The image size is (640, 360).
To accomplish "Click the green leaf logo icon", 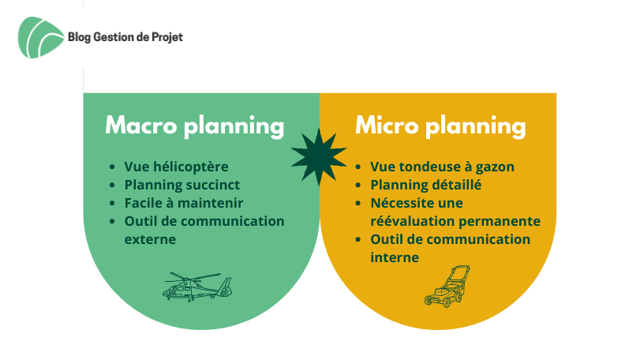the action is (41, 38).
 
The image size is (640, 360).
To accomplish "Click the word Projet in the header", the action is (167, 38).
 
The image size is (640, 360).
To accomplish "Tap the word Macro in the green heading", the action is (140, 125).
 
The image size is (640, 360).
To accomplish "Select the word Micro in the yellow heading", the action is (387, 125).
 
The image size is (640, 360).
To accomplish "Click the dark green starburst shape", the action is (319, 157).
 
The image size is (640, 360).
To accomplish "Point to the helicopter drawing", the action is (197, 287).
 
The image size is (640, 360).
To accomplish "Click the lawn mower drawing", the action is (447, 286).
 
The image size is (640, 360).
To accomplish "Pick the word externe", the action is (150, 239).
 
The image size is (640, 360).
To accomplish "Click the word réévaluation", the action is (413, 221).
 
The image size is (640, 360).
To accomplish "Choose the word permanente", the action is (500, 222).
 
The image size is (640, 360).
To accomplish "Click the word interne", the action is (395, 257).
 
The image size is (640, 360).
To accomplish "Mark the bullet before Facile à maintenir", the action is (113, 203).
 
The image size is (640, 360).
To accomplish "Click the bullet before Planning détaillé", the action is (358, 185).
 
